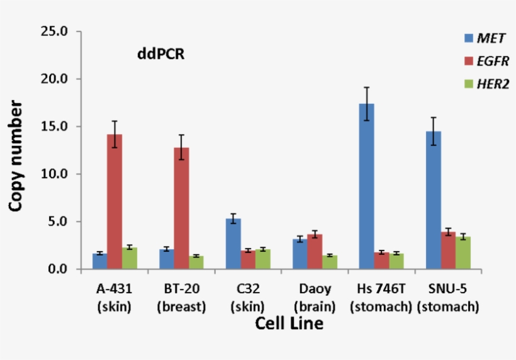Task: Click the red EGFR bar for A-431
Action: [x=114, y=201]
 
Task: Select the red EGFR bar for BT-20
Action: [x=181, y=208]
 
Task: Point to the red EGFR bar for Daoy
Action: [x=315, y=252]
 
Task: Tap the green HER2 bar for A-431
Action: [x=130, y=258]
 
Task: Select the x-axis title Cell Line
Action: [x=289, y=324]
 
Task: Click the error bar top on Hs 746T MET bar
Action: [x=366, y=87]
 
